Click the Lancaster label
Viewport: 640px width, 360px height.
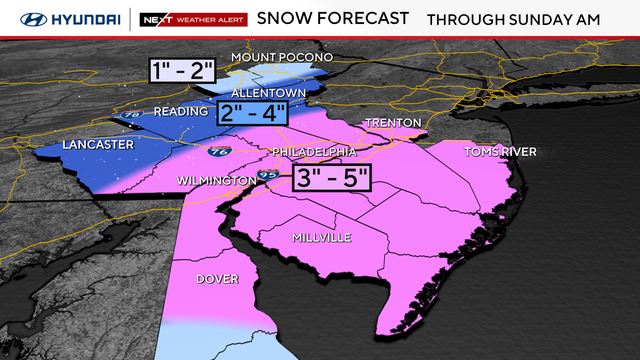(97, 145)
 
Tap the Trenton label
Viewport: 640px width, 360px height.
(387, 122)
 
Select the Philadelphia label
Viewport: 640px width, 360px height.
(314, 151)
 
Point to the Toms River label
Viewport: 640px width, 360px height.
(500, 152)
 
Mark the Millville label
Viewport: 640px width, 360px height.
(320, 237)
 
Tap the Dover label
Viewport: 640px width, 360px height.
(217, 279)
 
